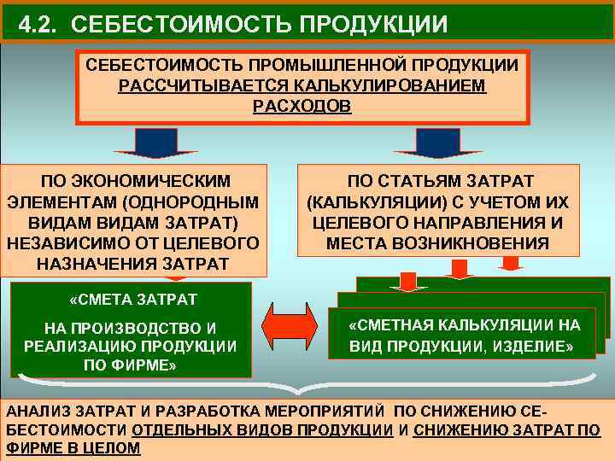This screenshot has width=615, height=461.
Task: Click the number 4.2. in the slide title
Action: (x=41, y=24)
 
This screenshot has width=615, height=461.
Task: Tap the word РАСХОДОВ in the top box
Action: (x=302, y=107)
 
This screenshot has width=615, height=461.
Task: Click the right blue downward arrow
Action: (x=437, y=143)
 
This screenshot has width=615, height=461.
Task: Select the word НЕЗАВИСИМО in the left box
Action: (x=61, y=242)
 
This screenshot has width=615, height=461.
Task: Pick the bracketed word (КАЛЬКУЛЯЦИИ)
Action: (x=363, y=202)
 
